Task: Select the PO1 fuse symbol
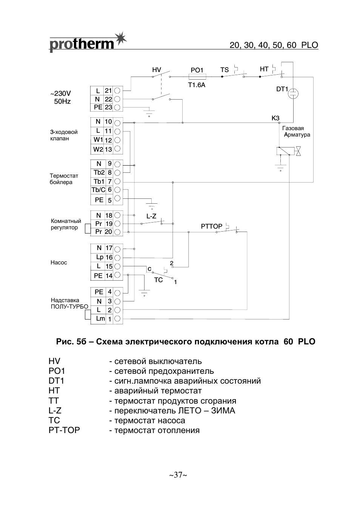(x=197, y=77)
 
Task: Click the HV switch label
(x=157, y=70)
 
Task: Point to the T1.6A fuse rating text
(x=197, y=85)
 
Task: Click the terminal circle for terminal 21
(x=118, y=91)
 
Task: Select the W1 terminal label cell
(x=98, y=140)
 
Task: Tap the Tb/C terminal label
(x=98, y=190)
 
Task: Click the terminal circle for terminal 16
(x=118, y=257)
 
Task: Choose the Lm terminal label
(x=100, y=319)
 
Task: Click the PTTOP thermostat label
(x=211, y=226)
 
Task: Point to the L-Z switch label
(x=151, y=217)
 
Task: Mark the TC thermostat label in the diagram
(x=158, y=280)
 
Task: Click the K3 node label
(x=275, y=118)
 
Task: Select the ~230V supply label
(x=61, y=94)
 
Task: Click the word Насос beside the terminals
(x=59, y=263)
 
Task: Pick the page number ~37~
(x=178, y=475)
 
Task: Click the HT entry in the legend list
(x=54, y=391)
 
